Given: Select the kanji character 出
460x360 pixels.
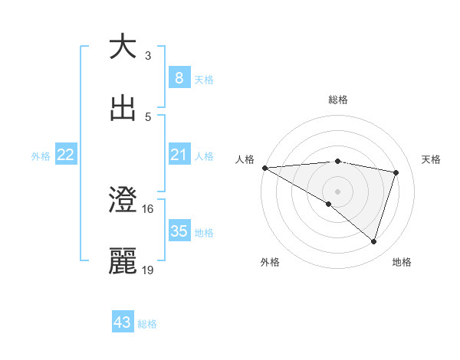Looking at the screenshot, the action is tap(123, 108).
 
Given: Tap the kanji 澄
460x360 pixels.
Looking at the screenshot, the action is tap(123, 200).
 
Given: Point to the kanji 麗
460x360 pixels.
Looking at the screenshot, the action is tap(123, 261).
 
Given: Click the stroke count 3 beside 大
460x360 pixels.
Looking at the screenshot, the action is tap(148, 55).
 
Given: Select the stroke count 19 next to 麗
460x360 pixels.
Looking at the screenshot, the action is tap(148, 270).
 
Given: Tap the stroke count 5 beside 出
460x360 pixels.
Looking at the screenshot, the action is tap(148, 117).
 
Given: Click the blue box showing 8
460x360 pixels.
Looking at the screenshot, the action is tap(179, 77).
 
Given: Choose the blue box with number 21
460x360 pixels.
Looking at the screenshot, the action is tap(179, 155).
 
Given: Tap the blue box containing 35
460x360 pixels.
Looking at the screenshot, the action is tap(179, 231).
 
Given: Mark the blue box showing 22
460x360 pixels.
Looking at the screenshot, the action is tap(65, 155).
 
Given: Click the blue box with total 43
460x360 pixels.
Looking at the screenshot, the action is tap(123, 322).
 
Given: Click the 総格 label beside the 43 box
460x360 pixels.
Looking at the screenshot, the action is tap(148, 324).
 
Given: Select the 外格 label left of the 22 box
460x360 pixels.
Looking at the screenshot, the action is tap(41, 155).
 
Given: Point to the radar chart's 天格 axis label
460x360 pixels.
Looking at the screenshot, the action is tap(432, 159).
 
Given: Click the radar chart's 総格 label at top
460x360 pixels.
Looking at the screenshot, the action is tap(338, 100).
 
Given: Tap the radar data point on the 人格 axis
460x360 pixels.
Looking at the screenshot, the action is tap(264, 168).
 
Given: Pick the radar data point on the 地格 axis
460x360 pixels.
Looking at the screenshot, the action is tap(373, 241).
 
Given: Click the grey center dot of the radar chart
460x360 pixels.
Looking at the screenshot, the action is tap(337, 191).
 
